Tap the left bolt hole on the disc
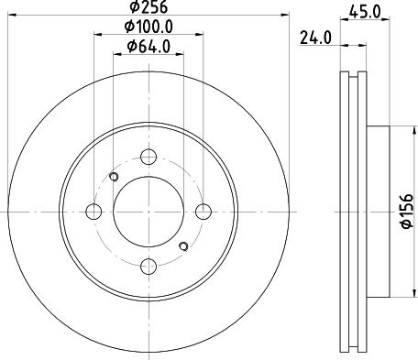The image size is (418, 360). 93,213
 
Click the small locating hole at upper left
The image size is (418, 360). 114,177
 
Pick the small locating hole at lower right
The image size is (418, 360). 183,245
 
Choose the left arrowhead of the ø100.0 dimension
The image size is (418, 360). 98,35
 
